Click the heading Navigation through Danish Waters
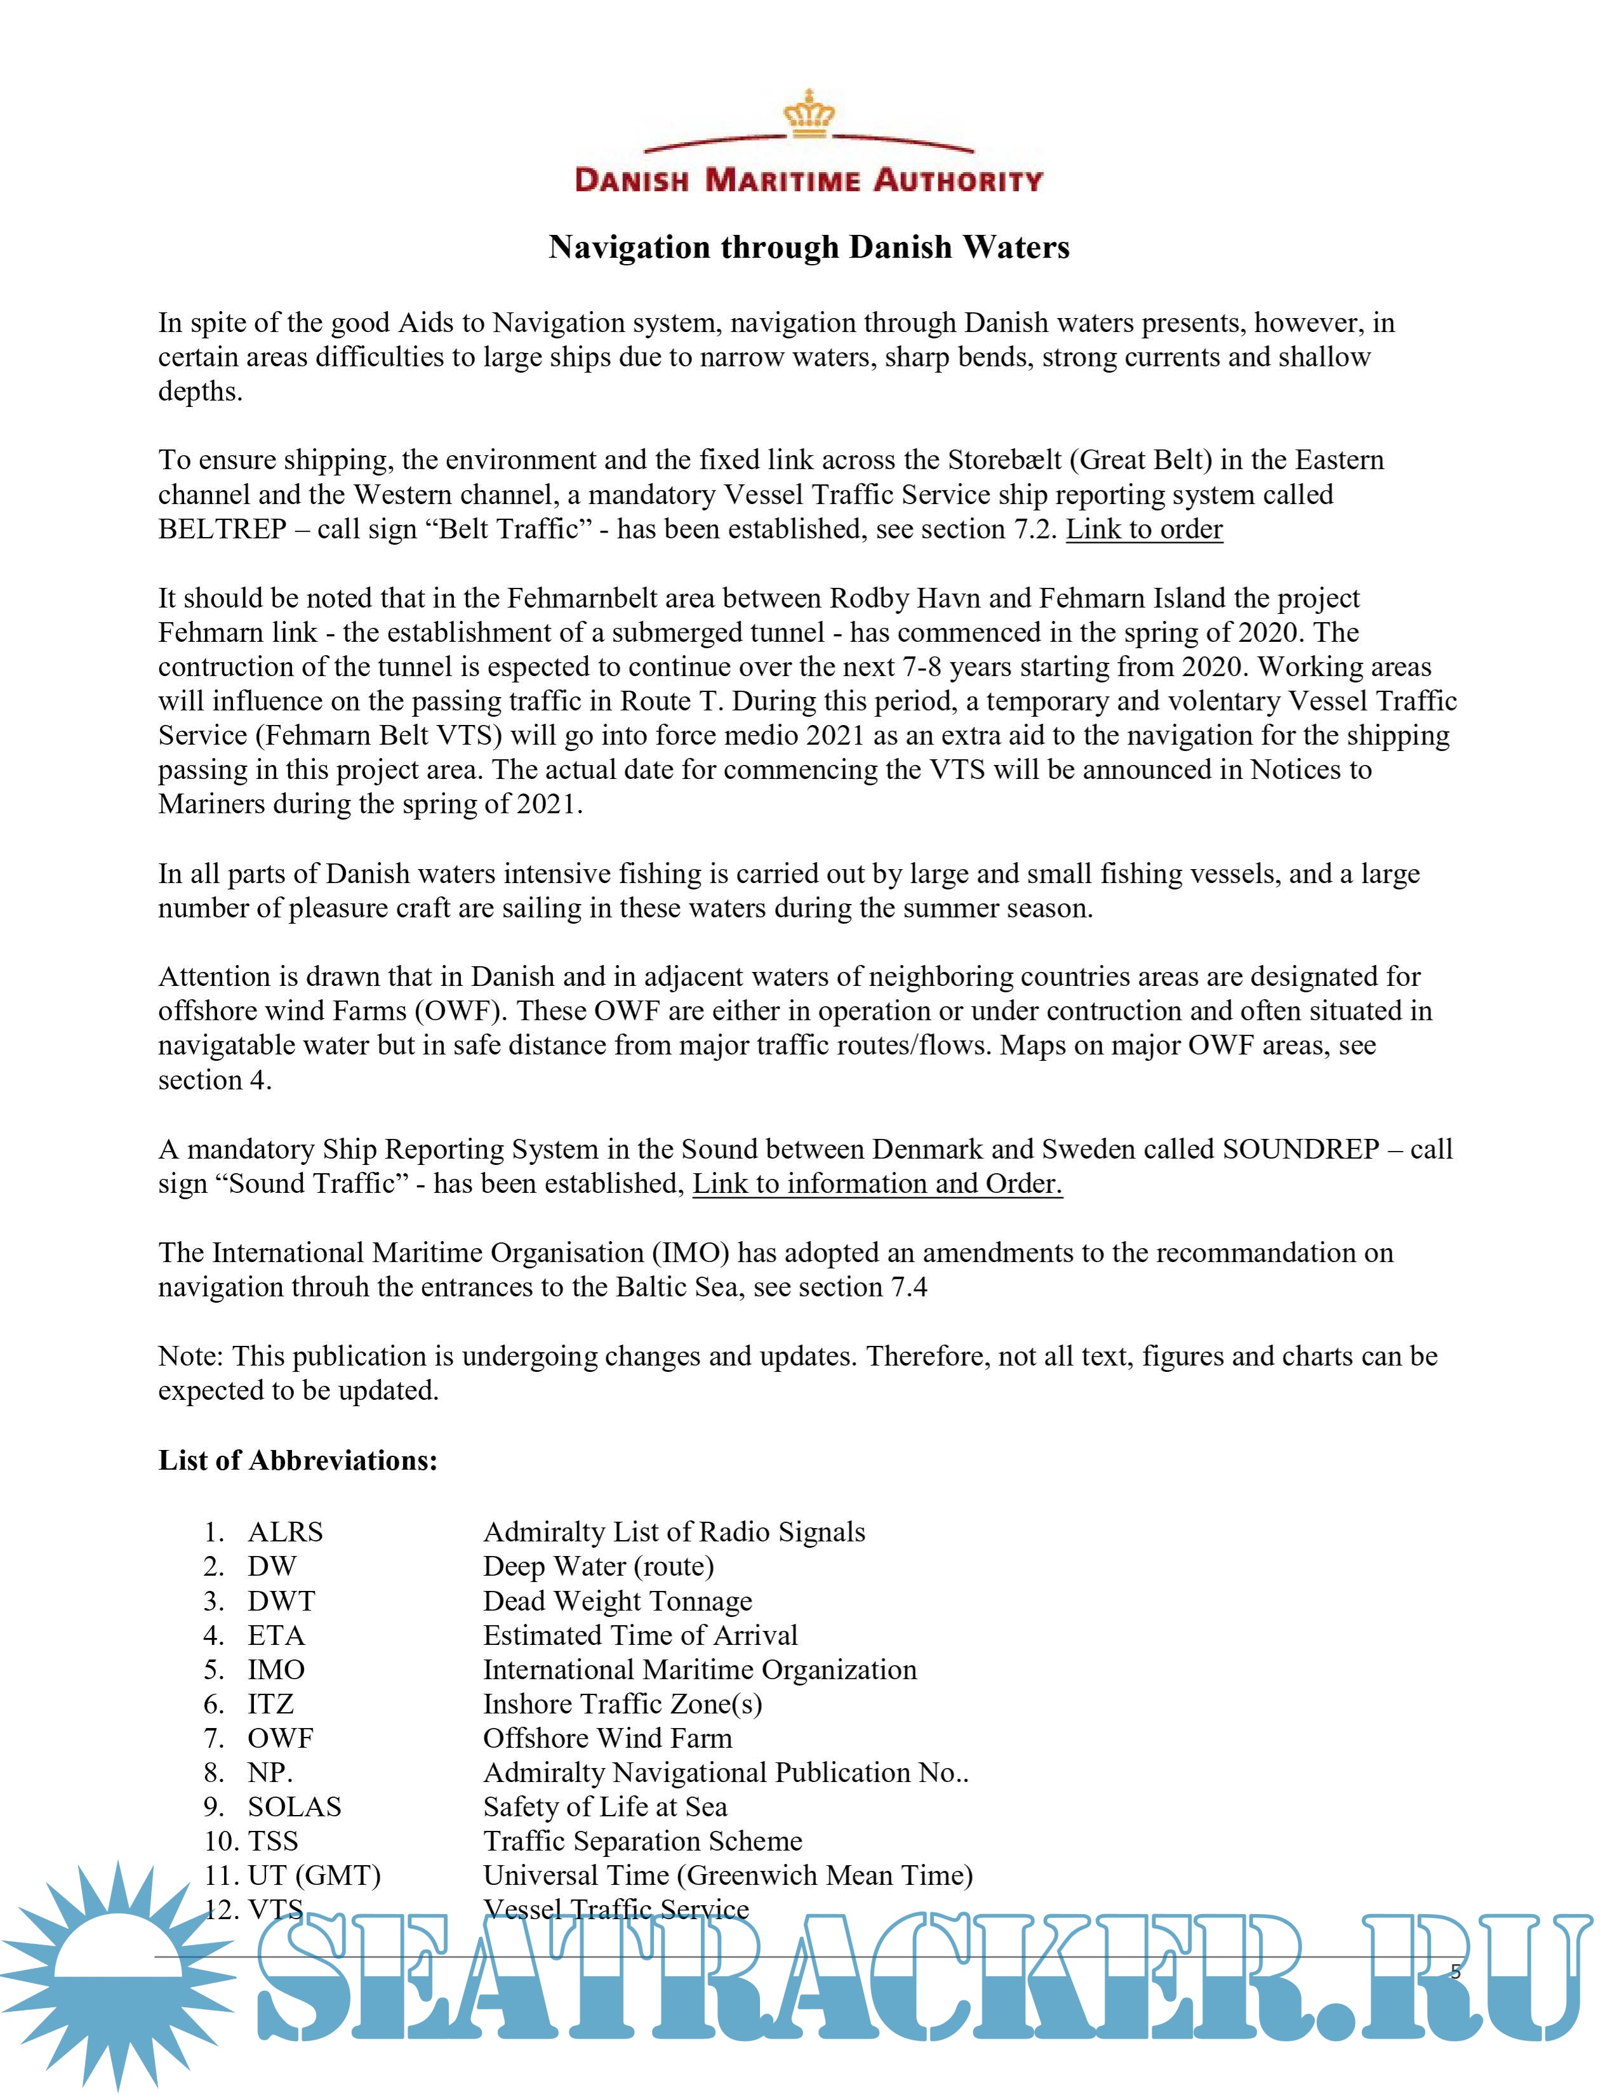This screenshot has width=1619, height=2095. [x=808, y=248]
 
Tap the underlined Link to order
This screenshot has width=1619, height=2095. [x=1144, y=529]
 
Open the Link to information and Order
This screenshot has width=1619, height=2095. [x=877, y=1184]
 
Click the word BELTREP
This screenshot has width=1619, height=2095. [x=222, y=529]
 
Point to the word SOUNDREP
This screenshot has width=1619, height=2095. [x=1300, y=1149]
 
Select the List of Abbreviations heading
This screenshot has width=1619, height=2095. [x=297, y=1460]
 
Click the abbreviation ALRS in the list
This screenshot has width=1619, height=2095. [x=285, y=1532]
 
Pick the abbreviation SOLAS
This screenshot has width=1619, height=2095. [x=295, y=1807]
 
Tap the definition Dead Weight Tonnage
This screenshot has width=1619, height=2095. [x=618, y=1601]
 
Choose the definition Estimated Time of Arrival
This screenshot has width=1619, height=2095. [x=640, y=1635]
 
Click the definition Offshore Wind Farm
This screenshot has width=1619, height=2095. [x=607, y=1738]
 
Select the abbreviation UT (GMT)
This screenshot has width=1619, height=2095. [x=314, y=1875]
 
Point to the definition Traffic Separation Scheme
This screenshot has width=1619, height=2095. [x=643, y=1841]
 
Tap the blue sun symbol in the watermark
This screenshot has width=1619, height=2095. [x=115, y=1976]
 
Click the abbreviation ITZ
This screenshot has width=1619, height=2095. [x=270, y=1704]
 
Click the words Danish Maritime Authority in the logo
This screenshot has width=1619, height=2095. [x=808, y=180]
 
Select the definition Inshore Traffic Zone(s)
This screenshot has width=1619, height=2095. [x=622, y=1704]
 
